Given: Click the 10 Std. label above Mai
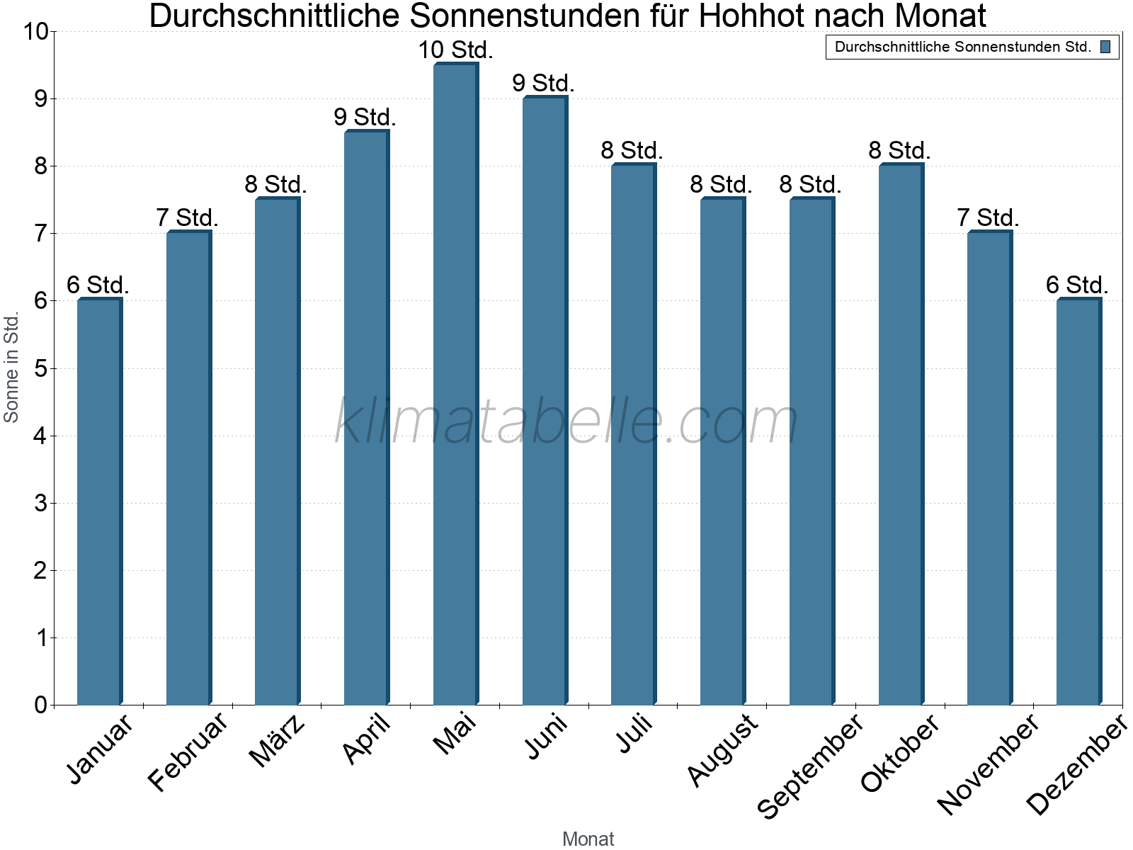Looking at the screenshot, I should coord(455,50).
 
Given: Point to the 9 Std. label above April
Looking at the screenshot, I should coord(365,117).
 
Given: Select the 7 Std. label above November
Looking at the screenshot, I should coord(988,218).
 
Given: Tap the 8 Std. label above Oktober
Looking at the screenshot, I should coord(899,151).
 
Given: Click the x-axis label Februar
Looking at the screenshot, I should coord(188,752).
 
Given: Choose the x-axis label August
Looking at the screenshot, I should coord(722,750).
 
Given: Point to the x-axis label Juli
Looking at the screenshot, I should coord(634,735).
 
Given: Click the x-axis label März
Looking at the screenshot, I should coord(278,741).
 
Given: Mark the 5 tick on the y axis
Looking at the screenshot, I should coord(40,368).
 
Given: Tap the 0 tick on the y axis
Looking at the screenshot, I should coord(40,705).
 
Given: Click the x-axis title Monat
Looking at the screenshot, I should coord(588,839).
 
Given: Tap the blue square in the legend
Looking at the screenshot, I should coord(1105,47).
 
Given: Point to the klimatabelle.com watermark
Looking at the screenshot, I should coord(566,421).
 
